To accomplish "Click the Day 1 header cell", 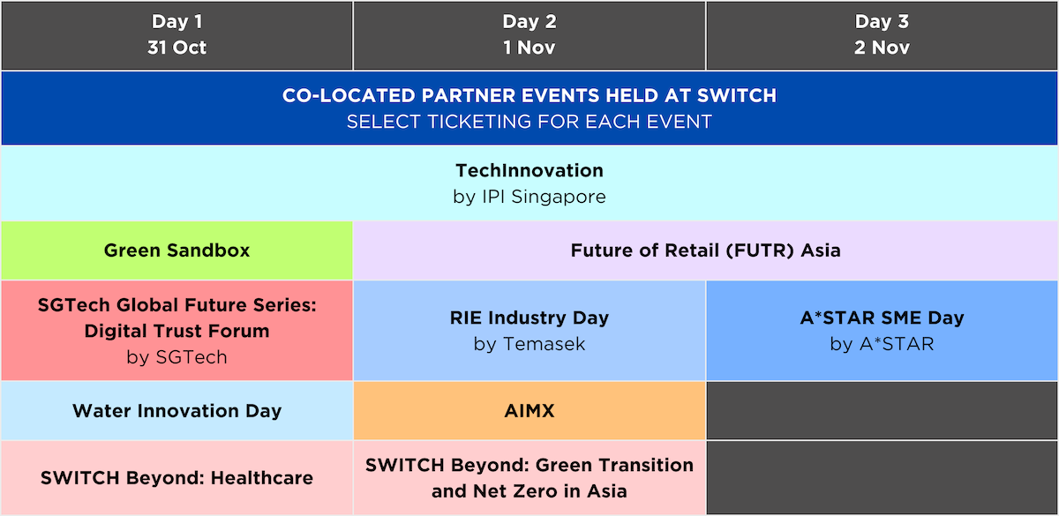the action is coord(176,35).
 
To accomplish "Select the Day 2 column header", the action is coord(529,35).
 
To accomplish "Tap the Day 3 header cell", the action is coord(882,35).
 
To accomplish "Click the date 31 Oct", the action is coord(176,48).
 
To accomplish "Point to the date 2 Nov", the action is coord(882,48).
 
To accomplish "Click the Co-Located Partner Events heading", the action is coord(529,96).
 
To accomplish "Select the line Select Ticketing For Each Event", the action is coord(529,122).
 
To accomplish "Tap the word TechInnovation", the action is coord(529,170).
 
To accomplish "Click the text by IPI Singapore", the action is coord(529,197).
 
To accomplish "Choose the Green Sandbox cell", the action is coord(176,251).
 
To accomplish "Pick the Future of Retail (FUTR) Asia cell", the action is coord(705,251).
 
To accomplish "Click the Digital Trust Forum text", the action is coord(176,332).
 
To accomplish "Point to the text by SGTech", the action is coord(176,358).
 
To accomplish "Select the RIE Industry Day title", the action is coord(529,318).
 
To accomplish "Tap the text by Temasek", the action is coord(529,344).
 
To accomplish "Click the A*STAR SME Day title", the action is coord(882,318).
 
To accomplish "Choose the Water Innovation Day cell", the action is coord(176,411).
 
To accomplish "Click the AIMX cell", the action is coord(529,411).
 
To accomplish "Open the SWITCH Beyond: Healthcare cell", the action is coord(176,478).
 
